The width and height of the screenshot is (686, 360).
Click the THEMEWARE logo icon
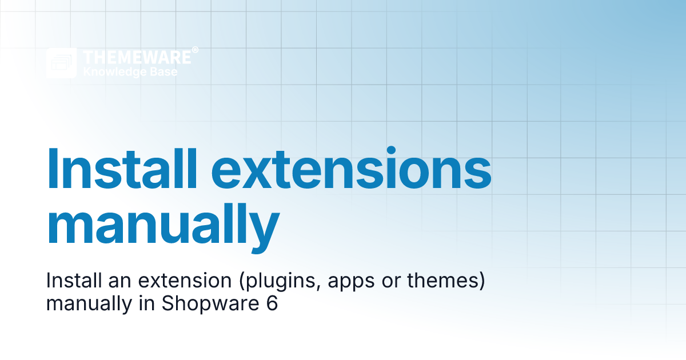[x=61, y=63]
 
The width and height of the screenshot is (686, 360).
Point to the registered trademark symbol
[x=196, y=50]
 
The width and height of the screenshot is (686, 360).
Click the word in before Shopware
[x=146, y=303]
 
